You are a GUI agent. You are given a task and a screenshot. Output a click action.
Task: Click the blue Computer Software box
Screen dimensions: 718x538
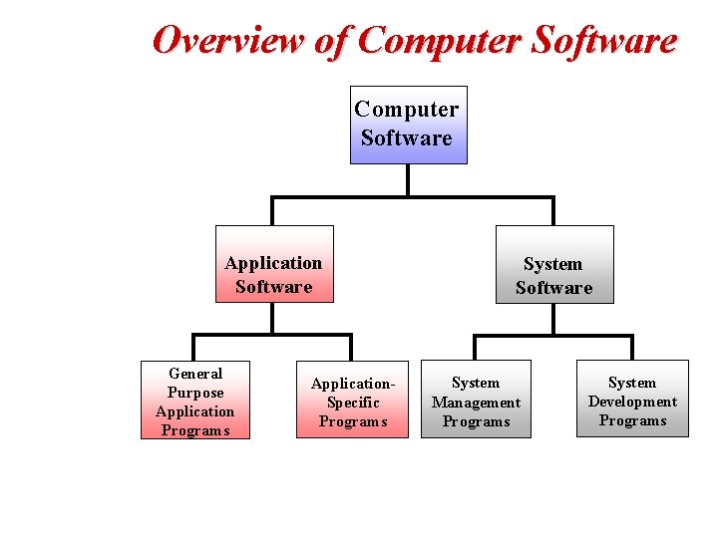point(408,125)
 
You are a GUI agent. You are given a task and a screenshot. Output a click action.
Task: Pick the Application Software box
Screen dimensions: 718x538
point(274,264)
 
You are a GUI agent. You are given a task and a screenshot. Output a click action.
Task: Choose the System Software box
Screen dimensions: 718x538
point(554,264)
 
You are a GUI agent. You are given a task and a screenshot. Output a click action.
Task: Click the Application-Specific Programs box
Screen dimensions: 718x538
point(352,400)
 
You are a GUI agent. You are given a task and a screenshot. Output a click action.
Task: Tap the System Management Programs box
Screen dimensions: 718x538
point(476,400)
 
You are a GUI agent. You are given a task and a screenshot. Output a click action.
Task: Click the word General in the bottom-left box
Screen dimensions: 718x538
point(195,374)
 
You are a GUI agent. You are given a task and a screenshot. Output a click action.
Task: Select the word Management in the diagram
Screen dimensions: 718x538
point(476,403)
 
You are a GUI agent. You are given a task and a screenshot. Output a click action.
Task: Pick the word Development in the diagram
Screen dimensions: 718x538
point(632,402)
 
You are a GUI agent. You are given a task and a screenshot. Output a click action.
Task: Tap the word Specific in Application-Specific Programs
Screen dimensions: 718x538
point(353,403)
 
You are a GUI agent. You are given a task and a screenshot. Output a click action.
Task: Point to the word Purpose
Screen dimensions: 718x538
point(195,393)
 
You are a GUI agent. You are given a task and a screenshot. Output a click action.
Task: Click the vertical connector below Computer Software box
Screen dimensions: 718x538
point(408,180)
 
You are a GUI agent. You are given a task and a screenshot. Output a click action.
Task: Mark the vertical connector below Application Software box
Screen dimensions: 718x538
point(272,318)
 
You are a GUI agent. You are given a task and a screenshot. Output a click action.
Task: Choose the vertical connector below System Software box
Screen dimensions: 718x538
point(553,319)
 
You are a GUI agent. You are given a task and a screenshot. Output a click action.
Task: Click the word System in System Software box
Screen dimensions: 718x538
point(552,264)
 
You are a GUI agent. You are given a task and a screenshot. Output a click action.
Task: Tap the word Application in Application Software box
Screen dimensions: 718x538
point(273,263)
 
